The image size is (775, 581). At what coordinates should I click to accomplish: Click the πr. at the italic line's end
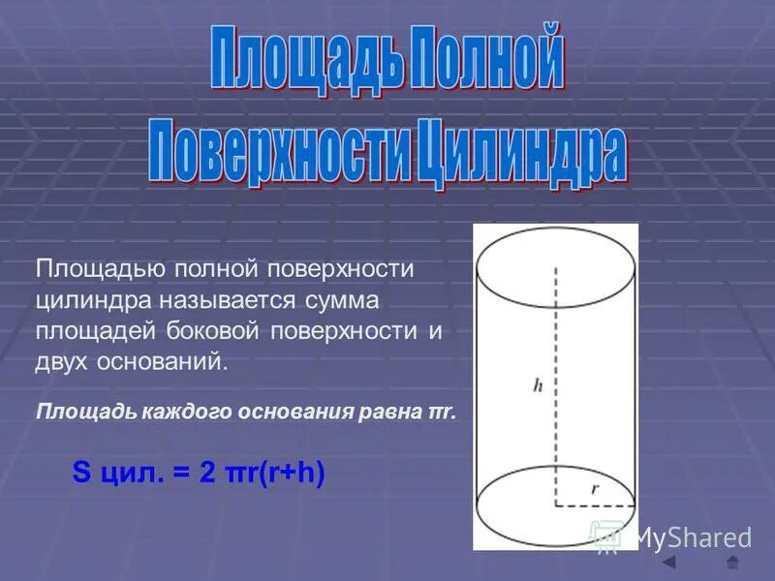click(441, 411)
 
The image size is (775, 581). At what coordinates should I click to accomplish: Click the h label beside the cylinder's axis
click(538, 385)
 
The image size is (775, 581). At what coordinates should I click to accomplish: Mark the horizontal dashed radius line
click(594, 505)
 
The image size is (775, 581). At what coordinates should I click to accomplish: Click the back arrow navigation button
click(668, 563)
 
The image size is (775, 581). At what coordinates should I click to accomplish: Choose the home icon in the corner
click(732, 563)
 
